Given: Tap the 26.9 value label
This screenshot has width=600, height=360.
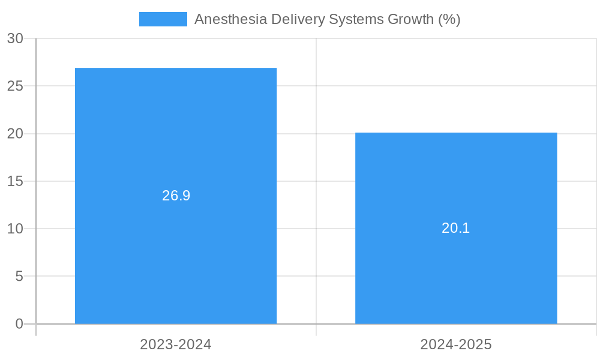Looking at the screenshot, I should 176,196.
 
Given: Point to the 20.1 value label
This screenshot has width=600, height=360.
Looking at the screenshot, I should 456,228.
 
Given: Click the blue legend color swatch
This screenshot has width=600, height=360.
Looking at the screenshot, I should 163,19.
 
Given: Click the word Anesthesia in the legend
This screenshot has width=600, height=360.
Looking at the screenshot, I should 230,19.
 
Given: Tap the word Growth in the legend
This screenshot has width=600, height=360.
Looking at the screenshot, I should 410,19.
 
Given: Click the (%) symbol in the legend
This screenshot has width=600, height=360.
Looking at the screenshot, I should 449,19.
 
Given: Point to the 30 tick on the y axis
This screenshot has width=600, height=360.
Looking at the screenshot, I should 15,38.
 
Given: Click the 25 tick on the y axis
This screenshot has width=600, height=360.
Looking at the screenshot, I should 15,86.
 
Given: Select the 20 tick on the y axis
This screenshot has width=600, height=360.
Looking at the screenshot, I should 15,134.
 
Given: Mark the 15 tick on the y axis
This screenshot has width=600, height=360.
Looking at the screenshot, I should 15,181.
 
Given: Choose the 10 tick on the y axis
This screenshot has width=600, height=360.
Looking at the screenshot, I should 15,229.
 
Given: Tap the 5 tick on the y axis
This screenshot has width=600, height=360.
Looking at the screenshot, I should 19,277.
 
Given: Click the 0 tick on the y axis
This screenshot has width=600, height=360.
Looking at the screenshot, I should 19,324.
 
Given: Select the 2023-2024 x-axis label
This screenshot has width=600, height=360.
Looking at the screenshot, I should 176,344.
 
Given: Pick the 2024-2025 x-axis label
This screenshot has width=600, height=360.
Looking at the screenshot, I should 456,344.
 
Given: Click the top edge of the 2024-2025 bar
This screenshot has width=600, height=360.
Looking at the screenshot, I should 456,133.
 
